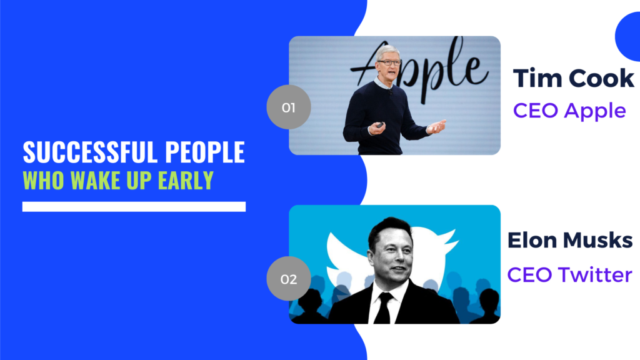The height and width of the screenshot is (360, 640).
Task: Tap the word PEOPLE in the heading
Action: click(x=205, y=152)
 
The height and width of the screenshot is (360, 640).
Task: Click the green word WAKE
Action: click(x=92, y=180)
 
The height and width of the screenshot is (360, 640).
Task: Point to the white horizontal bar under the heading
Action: click(x=134, y=206)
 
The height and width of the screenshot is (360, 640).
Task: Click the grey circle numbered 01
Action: click(x=289, y=107)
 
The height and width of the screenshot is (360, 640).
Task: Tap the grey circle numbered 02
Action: click(x=289, y=279)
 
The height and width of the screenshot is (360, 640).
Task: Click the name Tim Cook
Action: click(x=574, y=78)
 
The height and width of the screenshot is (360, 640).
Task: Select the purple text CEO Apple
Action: click(x=569, y=111)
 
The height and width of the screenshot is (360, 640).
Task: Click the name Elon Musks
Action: click(x=570, y=240)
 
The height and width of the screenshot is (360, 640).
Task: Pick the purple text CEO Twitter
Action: click(x=570, y=274)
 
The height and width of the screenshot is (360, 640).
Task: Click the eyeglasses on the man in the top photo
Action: click(x=389, y=63)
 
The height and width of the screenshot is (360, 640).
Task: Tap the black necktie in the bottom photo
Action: click(x=384, y=309)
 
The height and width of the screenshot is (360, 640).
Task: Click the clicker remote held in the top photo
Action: click(x=379, y=124)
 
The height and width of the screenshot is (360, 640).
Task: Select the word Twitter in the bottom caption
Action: click(x=595, y=274)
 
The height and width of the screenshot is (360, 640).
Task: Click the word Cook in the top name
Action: click(x=601, y=78)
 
